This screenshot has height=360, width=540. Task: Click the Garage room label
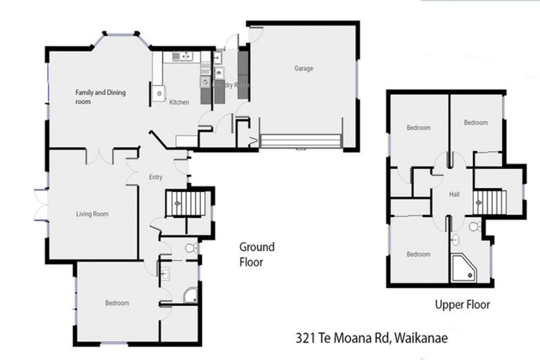tap(304, 68)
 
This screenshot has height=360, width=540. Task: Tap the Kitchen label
tap(179, 103)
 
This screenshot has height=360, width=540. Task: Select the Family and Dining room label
tap(100, 96)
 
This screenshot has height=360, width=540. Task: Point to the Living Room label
tap(92, 214)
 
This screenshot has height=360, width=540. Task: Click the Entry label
tap(155, 177)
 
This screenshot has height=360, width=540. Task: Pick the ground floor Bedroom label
tap(117, 303)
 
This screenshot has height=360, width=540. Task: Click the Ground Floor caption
tap(257, 255)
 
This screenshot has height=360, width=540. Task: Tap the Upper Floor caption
tap(462, 304)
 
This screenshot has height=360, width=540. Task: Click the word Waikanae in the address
tap(421, 338)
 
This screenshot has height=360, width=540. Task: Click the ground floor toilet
tap(190, 248)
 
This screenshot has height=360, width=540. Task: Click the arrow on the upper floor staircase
tap(481, 202)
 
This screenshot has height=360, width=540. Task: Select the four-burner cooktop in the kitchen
tap(206, 68)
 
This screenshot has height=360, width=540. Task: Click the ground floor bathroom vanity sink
tap(164, 274)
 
